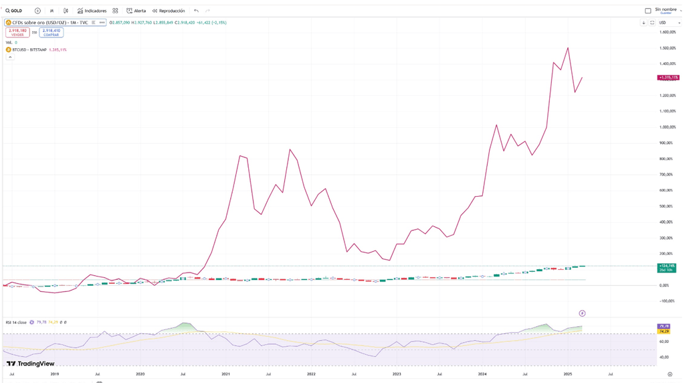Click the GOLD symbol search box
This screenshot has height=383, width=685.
tap(14, 11)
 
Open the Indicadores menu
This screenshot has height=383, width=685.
tap(92, 11)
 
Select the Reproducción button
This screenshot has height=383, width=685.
tap(169, 11)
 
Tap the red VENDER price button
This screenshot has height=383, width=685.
tap(17, 32)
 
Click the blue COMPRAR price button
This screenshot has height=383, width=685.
tap(52, 32)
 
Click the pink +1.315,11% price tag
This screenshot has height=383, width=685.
tap(668, 78)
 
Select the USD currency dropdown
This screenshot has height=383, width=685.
tap(664, 23)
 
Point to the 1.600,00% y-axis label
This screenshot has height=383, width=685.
tap(668, 32)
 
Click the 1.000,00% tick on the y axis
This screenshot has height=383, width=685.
tap(668, 127)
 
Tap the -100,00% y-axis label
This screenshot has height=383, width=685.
tap(668, 301)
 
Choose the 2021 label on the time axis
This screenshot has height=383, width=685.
tap(225, 374)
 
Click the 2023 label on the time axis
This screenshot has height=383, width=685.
tap(397, 374)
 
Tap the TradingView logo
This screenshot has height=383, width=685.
tap(31, 364)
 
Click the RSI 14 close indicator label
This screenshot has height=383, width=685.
tap(16, 323)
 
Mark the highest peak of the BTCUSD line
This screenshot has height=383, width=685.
tap(568, 48)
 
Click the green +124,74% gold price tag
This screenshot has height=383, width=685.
tap(666, 268)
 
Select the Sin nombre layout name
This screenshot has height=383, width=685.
tap(666, 10)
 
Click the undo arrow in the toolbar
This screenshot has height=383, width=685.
tap(196, 11)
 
